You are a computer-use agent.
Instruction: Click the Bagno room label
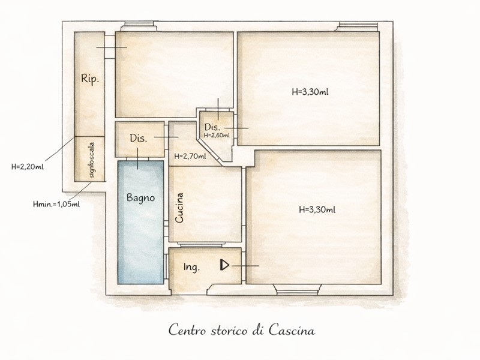140,198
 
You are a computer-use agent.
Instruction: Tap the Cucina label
179,208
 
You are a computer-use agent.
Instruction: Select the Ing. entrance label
191,267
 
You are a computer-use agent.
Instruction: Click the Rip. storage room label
90,79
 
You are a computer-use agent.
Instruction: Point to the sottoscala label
92,160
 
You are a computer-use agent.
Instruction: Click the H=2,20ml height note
28,167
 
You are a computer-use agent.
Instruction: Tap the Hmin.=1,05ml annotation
56,204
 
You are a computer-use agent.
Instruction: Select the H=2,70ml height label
190,157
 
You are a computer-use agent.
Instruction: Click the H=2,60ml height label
217,135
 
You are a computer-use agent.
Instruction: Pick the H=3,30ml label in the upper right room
310,92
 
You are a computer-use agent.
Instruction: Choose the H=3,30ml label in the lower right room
317,209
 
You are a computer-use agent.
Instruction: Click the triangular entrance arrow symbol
224,265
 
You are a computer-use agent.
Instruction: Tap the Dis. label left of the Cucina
139,138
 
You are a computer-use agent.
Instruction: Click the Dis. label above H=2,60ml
212,127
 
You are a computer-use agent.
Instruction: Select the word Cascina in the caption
292,331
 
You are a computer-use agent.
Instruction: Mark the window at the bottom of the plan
296,290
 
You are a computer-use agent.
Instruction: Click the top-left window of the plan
139,26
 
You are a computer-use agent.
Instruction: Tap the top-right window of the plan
357,26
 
